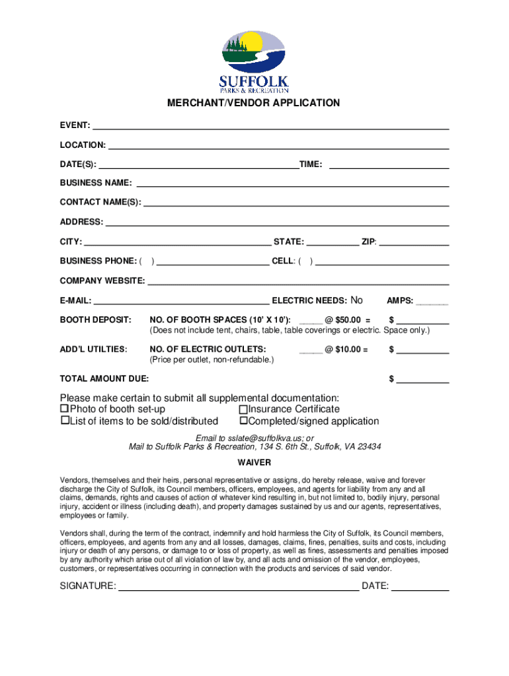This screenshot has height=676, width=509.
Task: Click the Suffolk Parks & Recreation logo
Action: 254,61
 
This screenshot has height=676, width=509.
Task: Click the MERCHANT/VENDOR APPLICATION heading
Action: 254,103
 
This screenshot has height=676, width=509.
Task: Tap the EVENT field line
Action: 271,128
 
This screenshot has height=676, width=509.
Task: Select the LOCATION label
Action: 83,145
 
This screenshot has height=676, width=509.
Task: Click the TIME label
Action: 311,164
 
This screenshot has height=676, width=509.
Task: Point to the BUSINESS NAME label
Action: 96,183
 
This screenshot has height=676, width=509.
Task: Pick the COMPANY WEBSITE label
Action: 102,281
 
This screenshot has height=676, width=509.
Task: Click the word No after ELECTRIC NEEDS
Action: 356,300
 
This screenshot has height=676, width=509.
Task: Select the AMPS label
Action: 401,301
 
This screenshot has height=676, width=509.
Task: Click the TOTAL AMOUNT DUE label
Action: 104,379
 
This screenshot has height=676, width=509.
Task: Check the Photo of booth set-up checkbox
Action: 64,409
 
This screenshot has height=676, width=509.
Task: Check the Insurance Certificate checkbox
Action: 243,409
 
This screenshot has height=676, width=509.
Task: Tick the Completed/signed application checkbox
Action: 243,421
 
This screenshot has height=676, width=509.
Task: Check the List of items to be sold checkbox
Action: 65,421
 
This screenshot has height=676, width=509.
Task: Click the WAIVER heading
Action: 254,463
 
